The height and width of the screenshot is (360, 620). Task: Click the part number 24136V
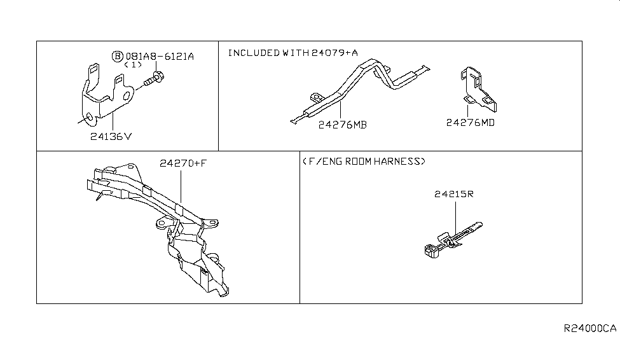(111, 137)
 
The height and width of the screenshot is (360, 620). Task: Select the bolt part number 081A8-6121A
(160, 56)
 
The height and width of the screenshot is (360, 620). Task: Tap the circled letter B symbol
(118, 56)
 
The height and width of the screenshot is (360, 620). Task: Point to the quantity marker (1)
(133, 64)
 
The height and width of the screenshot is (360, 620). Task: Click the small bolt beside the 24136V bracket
(154, 79)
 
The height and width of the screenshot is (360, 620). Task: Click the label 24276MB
(342, 125)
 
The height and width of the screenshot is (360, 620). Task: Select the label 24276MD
(470, 123)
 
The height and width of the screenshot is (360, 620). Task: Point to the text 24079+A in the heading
(334, 53)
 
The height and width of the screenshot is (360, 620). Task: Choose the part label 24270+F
(183, 163)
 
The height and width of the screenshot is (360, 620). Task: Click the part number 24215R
(453, 194)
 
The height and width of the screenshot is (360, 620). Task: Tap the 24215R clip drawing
(453, 240)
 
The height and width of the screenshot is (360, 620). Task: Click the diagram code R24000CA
(590, 328)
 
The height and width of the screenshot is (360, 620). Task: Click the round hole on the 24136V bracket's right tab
(127, 96)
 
